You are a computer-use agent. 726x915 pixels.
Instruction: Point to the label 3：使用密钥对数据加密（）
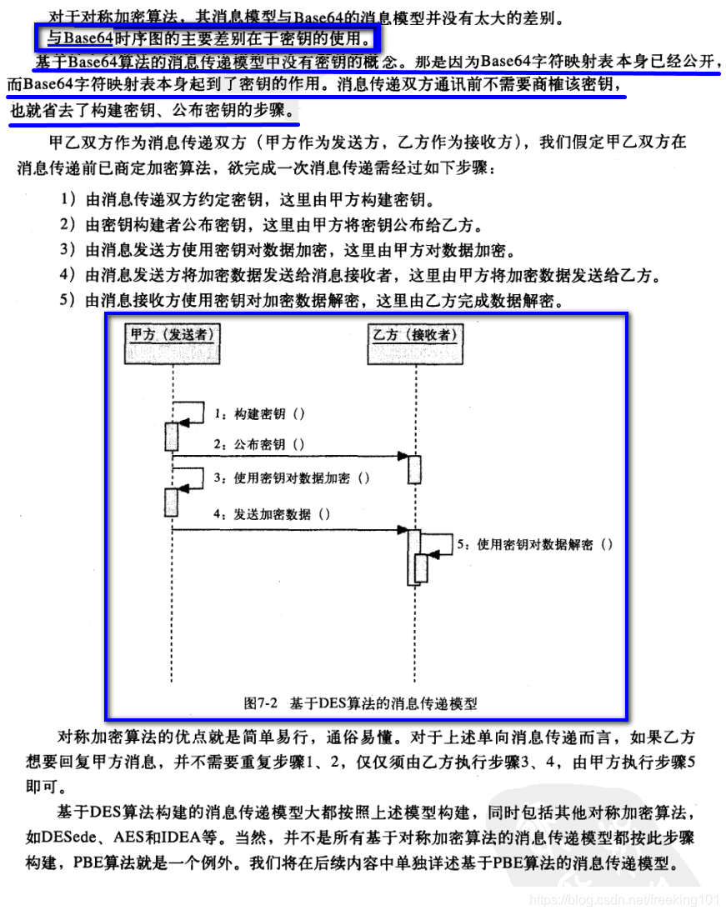pyautogui.click(x=292, y=478)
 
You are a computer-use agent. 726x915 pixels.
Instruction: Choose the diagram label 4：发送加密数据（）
pyautogui.click(x=272, y=514)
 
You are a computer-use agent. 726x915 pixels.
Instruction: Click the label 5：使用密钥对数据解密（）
pyautogui.click(x=535, y=544)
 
